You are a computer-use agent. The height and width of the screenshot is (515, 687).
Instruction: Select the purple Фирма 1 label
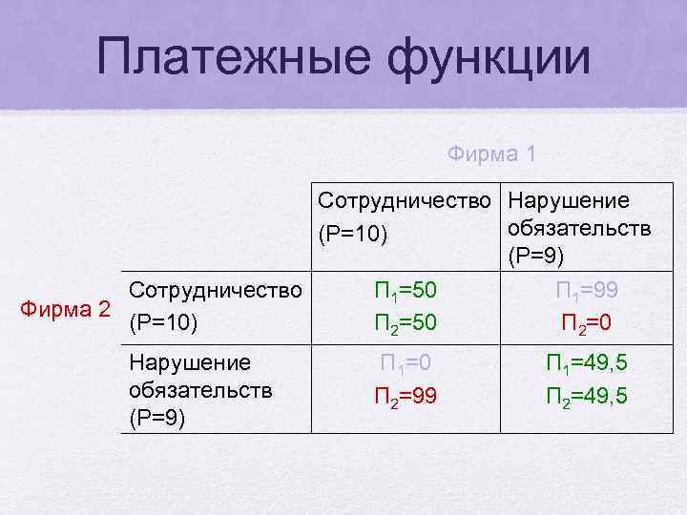[491, 153]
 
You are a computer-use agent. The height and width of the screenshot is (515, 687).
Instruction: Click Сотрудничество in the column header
[408, 201]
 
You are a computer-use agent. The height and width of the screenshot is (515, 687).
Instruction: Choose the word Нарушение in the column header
[568, 201]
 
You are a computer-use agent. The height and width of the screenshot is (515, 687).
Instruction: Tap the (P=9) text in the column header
[536, 256]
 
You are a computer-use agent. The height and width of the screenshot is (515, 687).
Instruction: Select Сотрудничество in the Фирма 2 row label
[219, 289]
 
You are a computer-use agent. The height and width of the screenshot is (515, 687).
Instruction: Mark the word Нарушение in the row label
[189, 362]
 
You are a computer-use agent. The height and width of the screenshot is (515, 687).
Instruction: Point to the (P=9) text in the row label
[157, 417]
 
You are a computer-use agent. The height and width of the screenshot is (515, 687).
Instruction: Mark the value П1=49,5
[586, 363]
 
